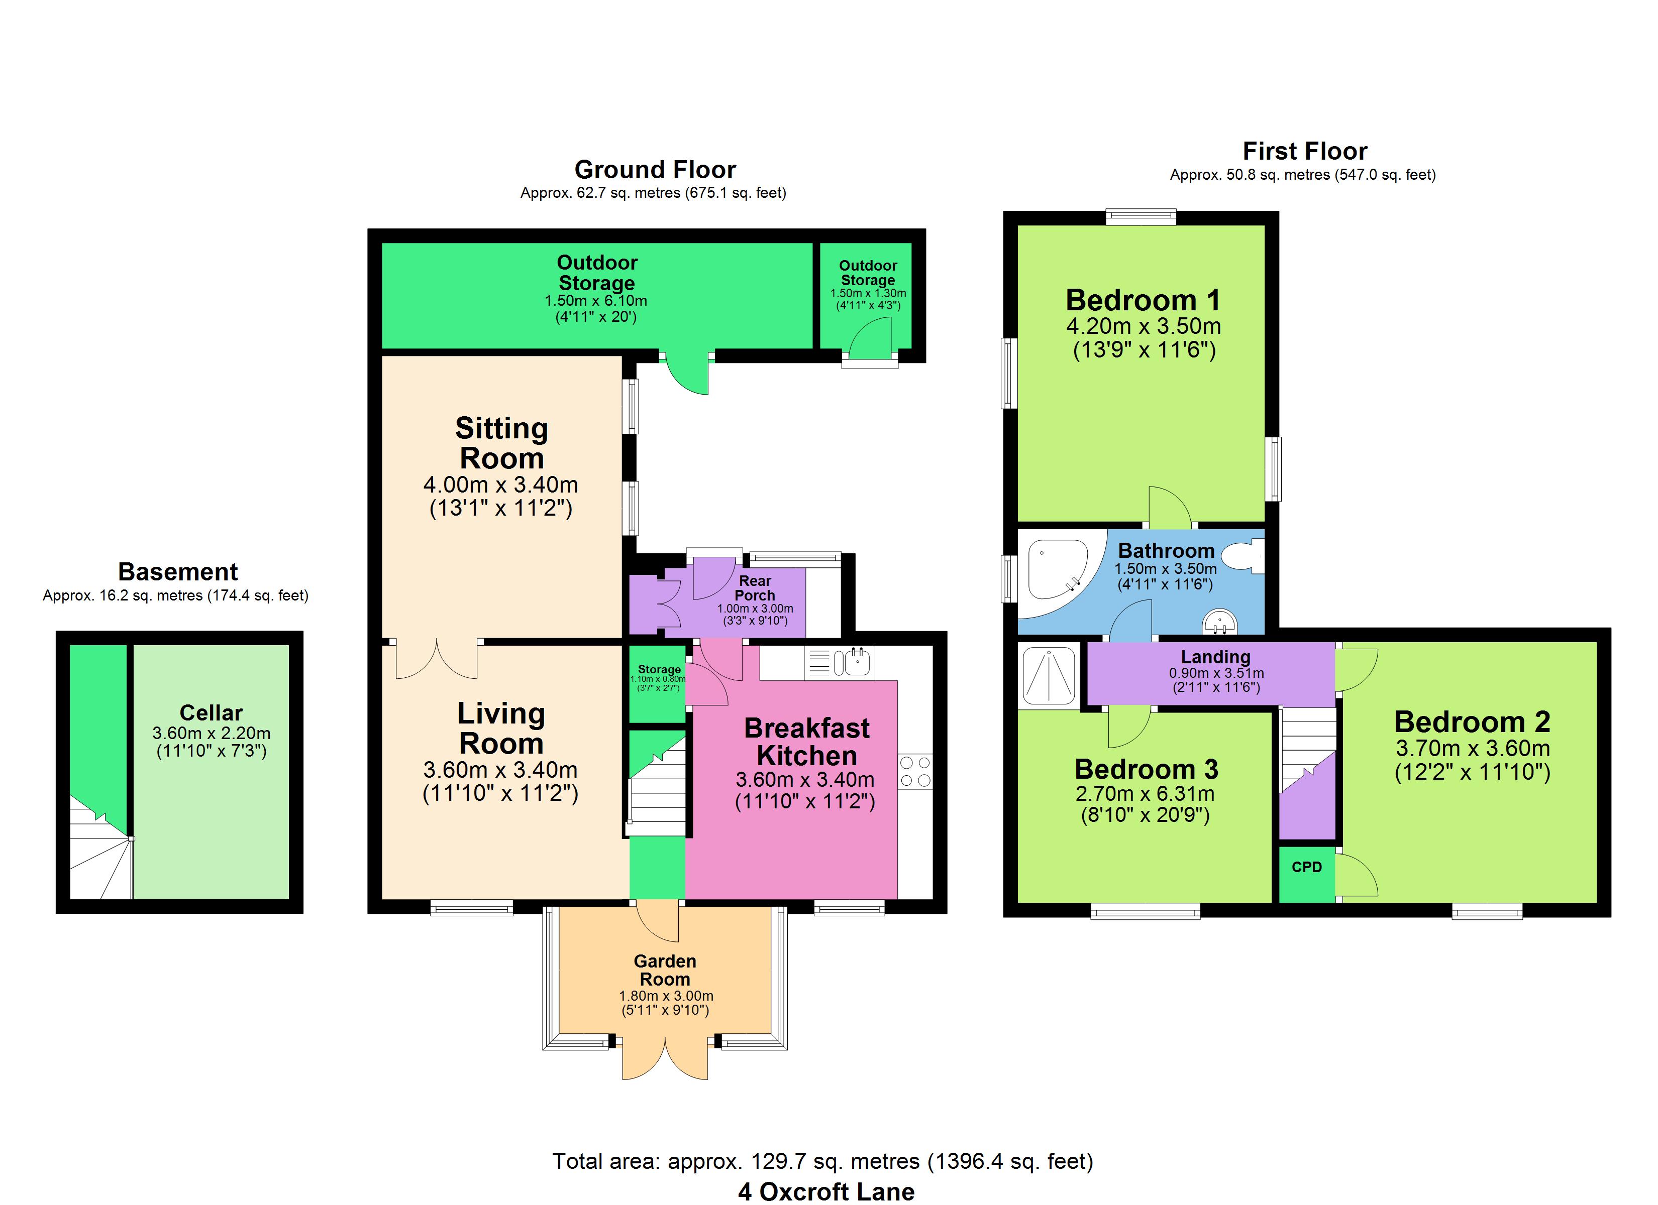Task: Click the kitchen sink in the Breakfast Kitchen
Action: click(839, 662)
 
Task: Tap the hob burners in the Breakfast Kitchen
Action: click(915, 771)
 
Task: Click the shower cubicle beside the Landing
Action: click(1049, 676)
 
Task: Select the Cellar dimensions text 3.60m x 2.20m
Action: click(212, 733)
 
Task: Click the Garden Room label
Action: click(665, 970)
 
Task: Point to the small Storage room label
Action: click(659, 669)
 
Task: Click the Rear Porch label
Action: click(755, 587)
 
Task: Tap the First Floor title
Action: click(1304, 151)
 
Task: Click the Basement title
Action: click(178, 571)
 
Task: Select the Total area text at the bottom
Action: click(822, 1161)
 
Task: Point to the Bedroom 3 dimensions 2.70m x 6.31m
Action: click(1145, 794)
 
